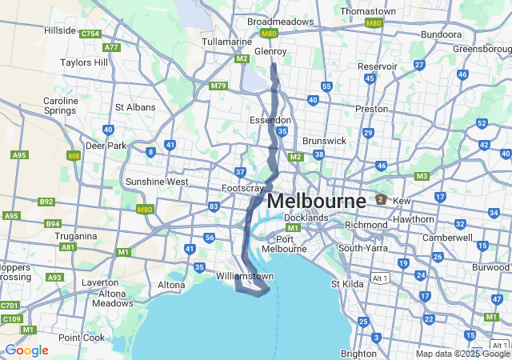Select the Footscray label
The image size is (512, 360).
coord(243,188)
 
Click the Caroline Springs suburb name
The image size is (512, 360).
coord(61,106)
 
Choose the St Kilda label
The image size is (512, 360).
coord(347,282)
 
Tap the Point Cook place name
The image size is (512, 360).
coord(81,338)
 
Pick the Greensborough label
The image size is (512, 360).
coord(482,49)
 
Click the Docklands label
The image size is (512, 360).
coord(306,218)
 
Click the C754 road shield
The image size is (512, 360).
coord(90,34)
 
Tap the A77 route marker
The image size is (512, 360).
coord(111,47)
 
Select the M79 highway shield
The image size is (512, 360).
coord(218,86)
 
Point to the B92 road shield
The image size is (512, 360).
coord(47,202)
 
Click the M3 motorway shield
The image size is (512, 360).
coord(422,176)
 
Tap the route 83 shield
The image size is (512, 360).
coord(214,206)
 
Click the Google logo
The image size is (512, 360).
coord(26,350)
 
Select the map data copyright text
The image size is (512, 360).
coord(462,354)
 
